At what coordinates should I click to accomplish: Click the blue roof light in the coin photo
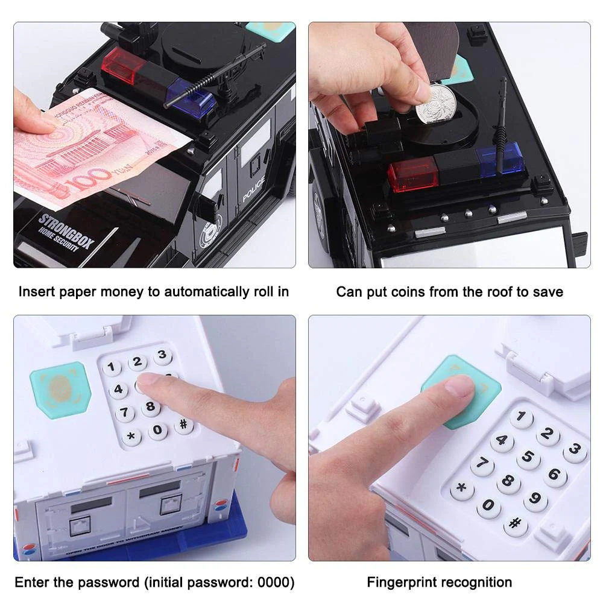point(500,158)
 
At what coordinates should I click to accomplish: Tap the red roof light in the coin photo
point(412,174)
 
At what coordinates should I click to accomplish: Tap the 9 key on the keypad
point(535,500)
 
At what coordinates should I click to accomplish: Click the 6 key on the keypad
point(555,475)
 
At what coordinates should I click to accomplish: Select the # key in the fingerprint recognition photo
point(516,524)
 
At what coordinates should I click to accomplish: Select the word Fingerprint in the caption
point(402,582)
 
